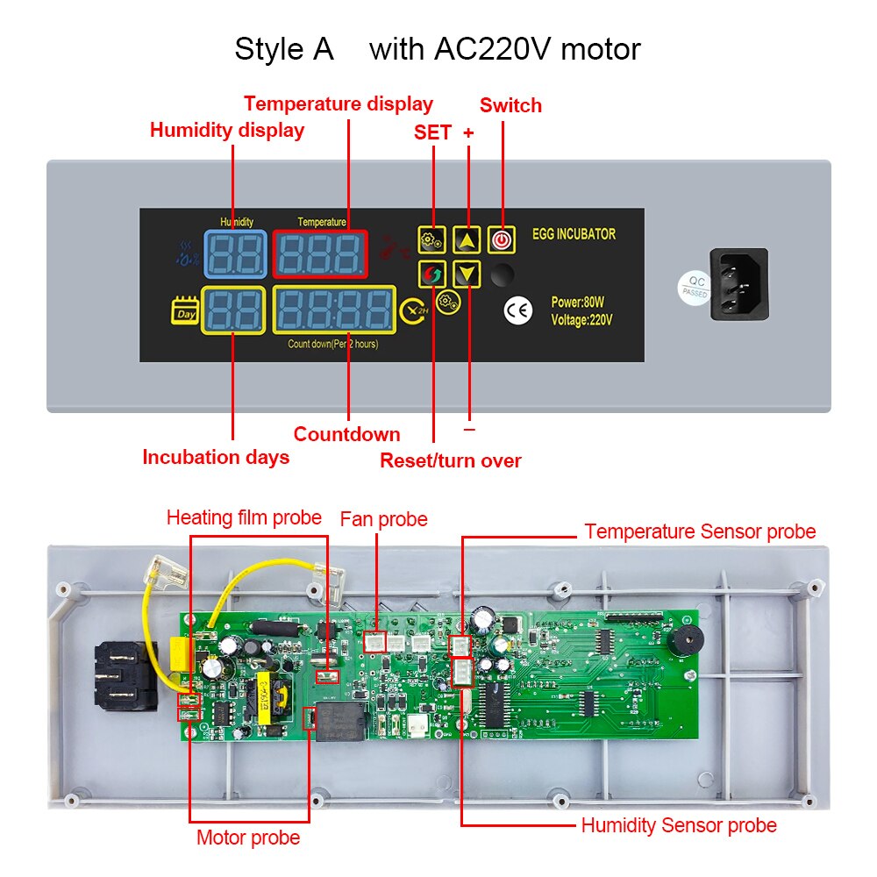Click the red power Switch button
(501, 239)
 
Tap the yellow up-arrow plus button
(468, 239)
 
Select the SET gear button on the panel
(432, 239)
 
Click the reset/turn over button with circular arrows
(432, 275)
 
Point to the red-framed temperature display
(320, 255)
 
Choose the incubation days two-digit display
(233, 310)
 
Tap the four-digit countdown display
(333, 310)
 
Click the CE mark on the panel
(518, 311)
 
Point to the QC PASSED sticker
(693, 287)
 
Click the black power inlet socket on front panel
(738, 284)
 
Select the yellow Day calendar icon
(185, 312)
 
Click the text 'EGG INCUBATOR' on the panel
(574, 235)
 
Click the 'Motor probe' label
(248, 838)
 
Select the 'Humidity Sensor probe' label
(679, 825)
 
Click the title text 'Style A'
(284, 49)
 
